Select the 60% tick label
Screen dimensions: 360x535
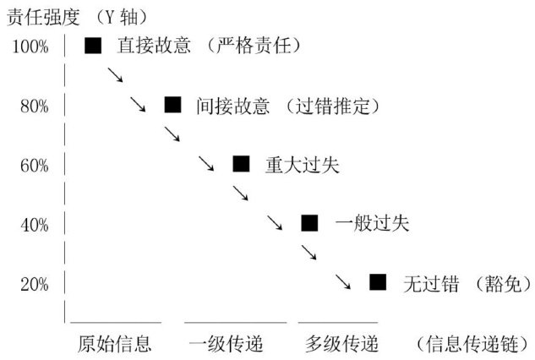coord(34,165)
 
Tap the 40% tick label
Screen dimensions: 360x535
coord(34,225)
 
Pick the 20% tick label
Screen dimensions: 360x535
coord(34,284)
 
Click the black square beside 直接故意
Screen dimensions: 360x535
coord(93,45)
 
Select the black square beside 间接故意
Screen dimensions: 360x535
coord(172,105)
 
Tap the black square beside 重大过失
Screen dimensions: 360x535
coord(241,164)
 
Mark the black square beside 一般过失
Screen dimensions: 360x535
coord(309,223)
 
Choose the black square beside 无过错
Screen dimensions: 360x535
coord(378,282)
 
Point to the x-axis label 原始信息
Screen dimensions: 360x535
coord(114,344)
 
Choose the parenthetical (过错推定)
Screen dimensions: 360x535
coord(340,106)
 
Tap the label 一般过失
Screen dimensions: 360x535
coord(361,224)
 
